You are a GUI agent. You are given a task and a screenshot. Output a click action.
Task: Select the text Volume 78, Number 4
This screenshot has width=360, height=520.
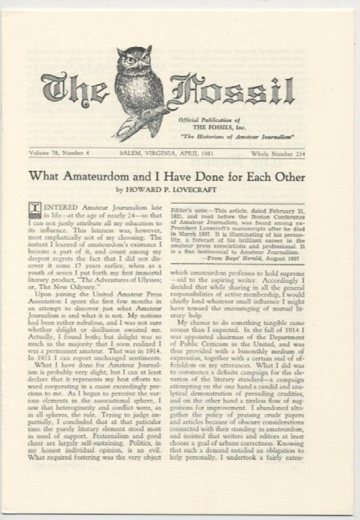(74, 151)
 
